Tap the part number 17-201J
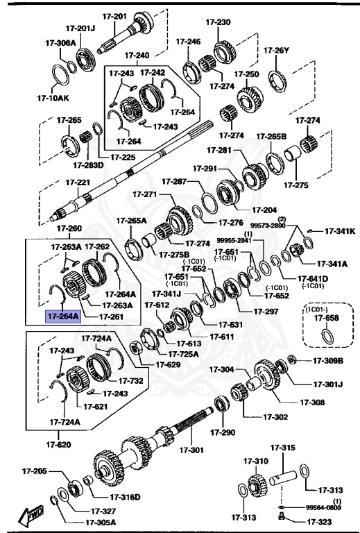81,28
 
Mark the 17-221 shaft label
78,183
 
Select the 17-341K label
340,231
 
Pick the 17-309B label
328,360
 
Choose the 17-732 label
130,380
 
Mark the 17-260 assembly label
69,228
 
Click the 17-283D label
88,165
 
